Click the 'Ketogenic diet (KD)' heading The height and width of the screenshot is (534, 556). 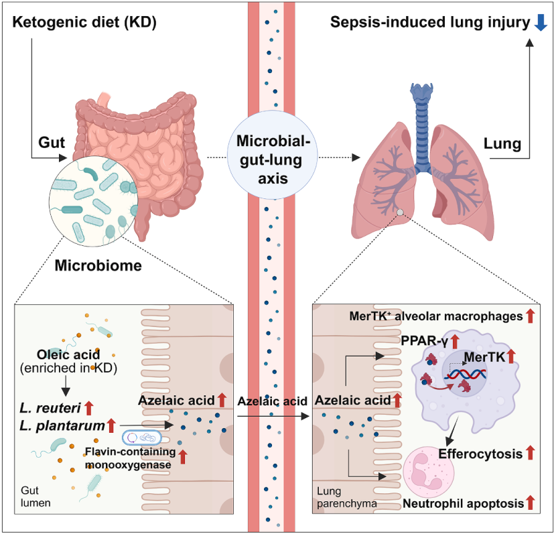point(84,22)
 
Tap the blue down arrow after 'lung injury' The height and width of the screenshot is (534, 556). point(541,23)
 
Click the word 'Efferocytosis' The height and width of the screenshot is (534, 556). point(480,454)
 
